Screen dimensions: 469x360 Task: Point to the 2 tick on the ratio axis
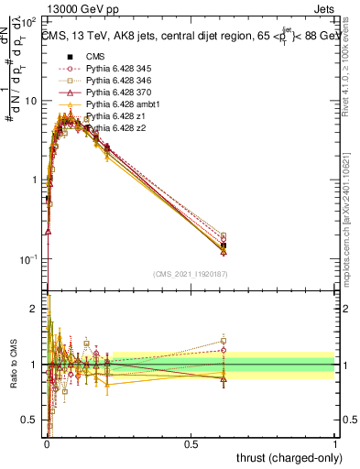coord(36,310)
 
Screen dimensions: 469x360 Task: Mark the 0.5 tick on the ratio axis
coord(33,420)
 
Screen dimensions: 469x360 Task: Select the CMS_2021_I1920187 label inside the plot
coord(191,273)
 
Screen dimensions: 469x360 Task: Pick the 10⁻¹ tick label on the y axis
coord(31,260)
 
